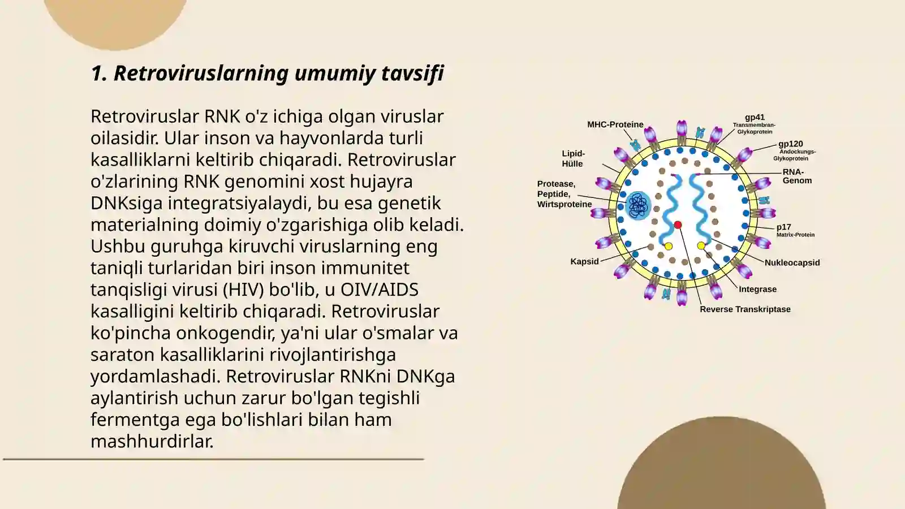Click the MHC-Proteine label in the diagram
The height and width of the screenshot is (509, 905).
tap(615, 124)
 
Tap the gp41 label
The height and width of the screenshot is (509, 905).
tap(755, 117)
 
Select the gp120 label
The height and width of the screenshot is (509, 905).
tap(791, 144)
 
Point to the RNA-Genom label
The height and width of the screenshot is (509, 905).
tap(797, 176)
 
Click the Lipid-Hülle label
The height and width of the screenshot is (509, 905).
tap(573, 159)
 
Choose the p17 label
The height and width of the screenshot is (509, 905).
tap(784, 227)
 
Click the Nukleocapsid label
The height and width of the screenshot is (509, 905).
tap(792, 262)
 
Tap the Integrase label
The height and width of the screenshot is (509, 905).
tap(757, 289)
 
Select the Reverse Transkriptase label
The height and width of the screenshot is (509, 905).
tap(745, 309)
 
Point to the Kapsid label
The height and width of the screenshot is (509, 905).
tap(584, 261)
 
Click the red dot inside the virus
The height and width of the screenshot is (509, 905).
tap(678, 225)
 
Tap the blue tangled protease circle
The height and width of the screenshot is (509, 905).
tap(639, 205)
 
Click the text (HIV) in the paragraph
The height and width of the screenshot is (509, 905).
tap(243, 290)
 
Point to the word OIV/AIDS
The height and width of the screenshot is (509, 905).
tap(380, 290)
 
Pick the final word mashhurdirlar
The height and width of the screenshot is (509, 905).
tap(152, 441)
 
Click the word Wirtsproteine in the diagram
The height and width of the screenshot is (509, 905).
tap(564, 204)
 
